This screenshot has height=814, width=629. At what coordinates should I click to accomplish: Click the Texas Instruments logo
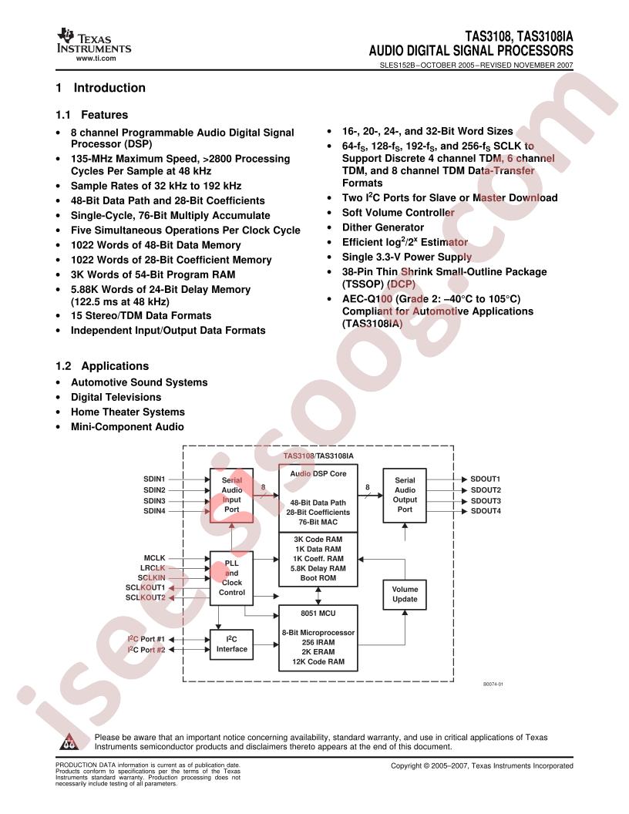(x=94, y=41)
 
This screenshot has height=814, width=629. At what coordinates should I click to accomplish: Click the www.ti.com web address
(x=96, y=58)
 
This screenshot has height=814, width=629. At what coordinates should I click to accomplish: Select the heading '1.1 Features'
(x=92, y=115)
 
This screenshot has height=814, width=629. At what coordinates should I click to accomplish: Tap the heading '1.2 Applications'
(x=103, y=366)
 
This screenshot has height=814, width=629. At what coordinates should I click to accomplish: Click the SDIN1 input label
(x=154, y=479)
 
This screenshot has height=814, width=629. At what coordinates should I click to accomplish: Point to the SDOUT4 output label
(x=486, y=511)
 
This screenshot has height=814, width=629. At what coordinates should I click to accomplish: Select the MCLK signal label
(x=155, y=558)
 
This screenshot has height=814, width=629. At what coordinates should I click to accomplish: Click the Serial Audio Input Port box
(x=231, y=495)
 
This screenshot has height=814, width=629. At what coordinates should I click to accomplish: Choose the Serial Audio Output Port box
(x=405, y=495)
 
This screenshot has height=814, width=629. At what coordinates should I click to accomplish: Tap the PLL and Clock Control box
(x=231, y=578)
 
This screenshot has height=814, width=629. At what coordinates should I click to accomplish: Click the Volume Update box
(x=405, y=594)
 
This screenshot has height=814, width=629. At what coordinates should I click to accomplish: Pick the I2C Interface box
(x=231, y=644)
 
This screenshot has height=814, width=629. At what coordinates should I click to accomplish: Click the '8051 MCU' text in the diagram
(x=318, y=613)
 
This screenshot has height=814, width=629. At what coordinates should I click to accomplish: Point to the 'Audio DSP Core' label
(x=318, y=473)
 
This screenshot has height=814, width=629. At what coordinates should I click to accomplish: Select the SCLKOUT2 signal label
(x=146, y=597)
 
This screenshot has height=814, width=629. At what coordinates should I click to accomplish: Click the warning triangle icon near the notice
(x=69, y=742)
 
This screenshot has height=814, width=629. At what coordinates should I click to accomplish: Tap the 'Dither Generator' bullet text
(x=383, y=227)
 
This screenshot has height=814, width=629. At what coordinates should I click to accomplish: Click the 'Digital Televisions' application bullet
(x=116, y=397)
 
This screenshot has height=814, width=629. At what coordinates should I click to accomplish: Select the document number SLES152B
(x=398, y=66)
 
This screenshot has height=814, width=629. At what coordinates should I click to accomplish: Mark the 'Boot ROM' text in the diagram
(x=318, y=578)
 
